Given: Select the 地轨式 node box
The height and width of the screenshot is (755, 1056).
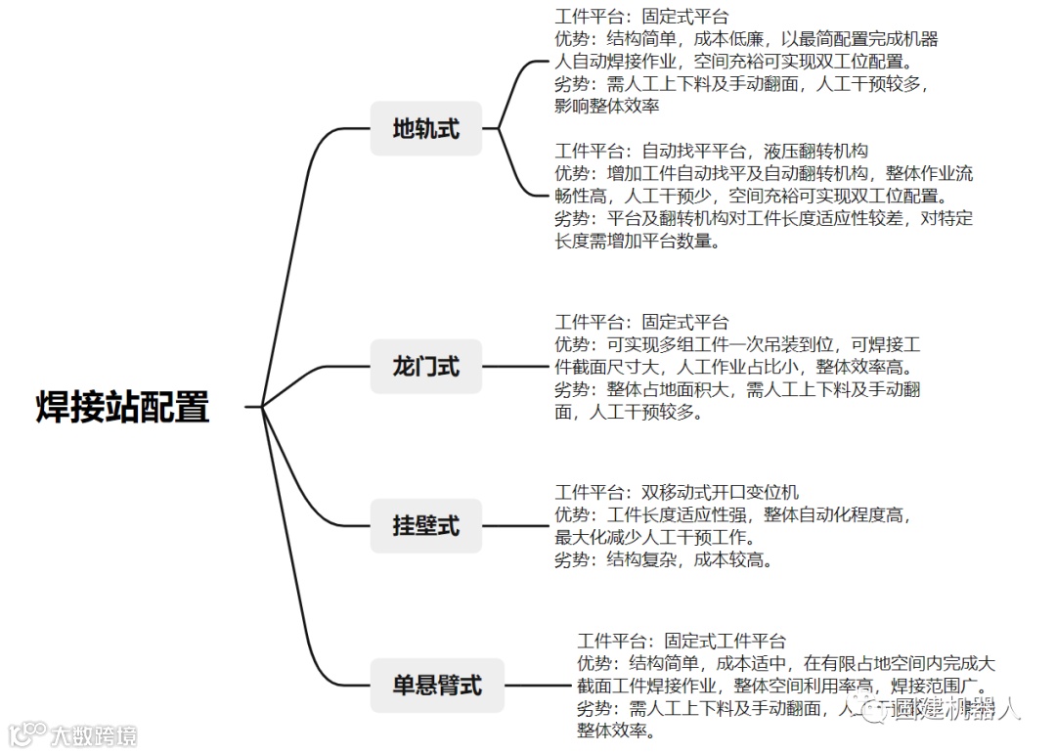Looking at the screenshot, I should coord(425,128).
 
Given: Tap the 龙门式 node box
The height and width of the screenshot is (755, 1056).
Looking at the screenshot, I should coord(425,368).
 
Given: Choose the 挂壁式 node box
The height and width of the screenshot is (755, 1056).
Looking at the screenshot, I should coord(425,526).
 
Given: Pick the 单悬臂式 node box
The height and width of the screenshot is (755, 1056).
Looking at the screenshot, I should coord(437,685).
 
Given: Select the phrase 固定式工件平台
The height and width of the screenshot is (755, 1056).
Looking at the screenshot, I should coord(725,642).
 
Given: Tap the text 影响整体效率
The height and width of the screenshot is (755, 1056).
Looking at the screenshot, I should coord(606,107).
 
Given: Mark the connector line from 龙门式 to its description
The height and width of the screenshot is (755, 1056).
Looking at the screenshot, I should coord(518,368).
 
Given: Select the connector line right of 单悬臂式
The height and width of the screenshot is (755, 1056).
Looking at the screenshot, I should coord(538,685).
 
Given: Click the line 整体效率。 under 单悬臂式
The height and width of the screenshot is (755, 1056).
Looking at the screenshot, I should coord(616,731).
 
